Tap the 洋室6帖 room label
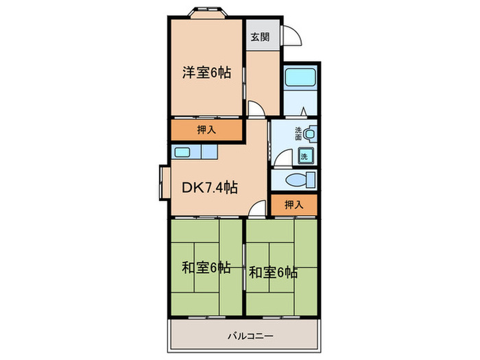point(206,72)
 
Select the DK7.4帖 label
point(209,187)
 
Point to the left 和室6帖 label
point(205,268)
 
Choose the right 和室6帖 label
point(273,272)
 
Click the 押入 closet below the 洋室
point(206,130)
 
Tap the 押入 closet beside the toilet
point(293,204)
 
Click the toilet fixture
point(300,180)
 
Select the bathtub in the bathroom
point(298,77)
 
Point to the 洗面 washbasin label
point(298,134)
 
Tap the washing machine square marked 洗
point(304,155)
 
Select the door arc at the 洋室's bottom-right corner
point(254,109)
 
